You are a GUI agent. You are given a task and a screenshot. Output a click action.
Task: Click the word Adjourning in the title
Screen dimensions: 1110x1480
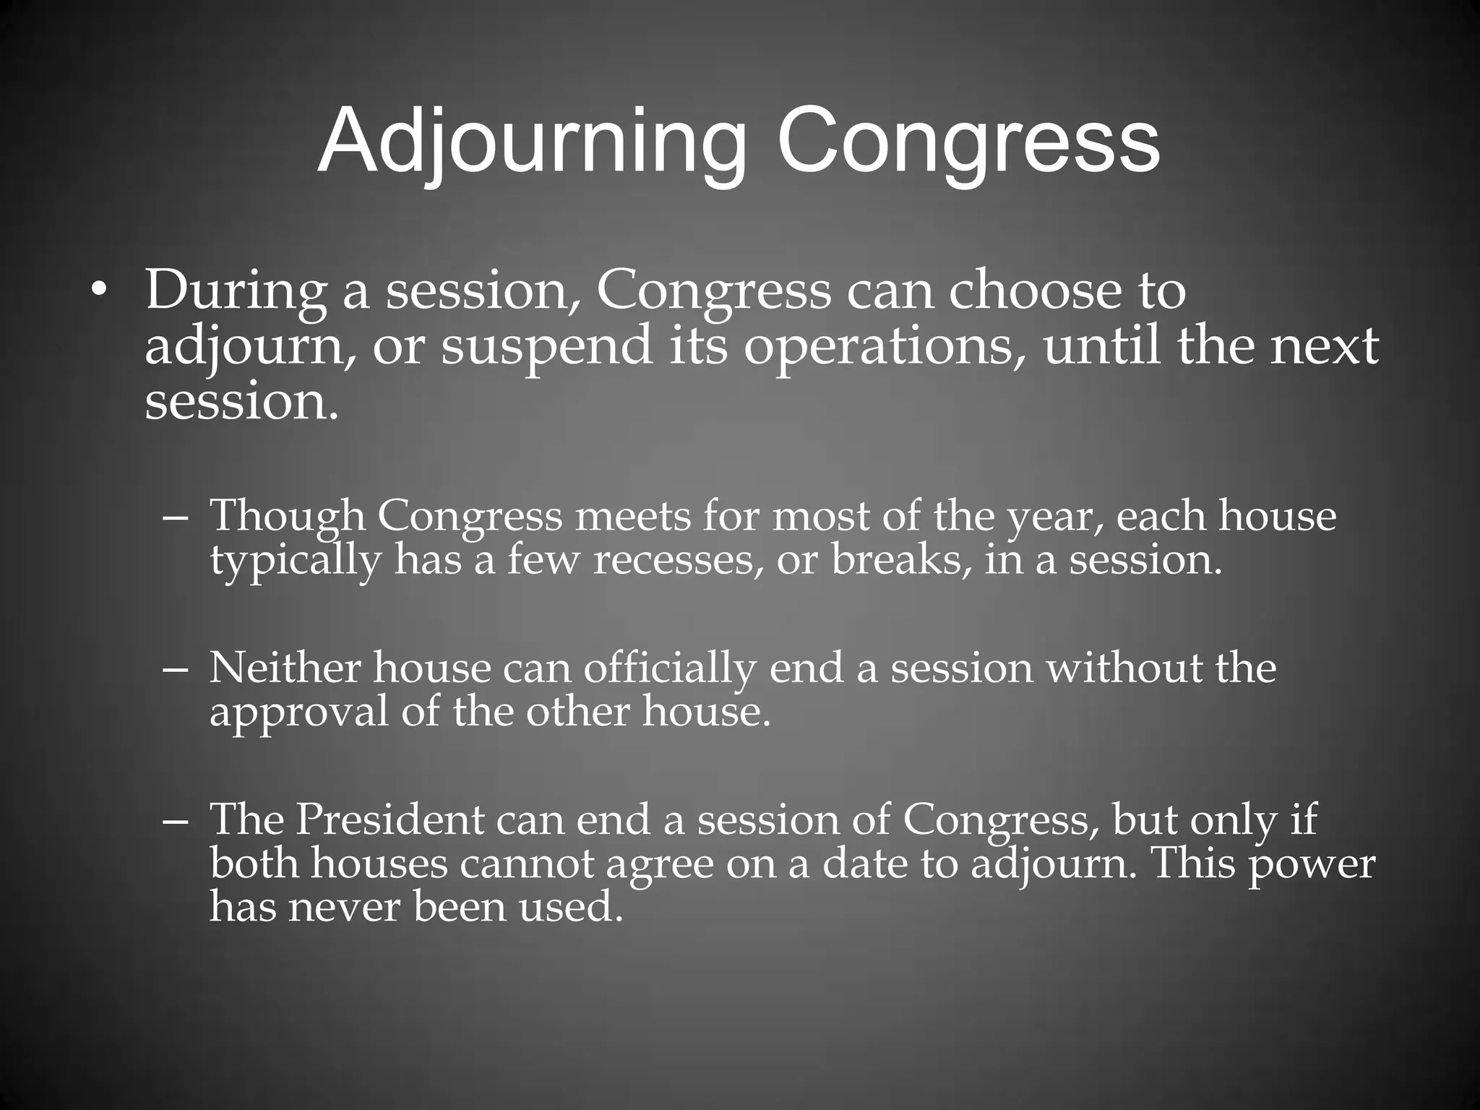(532, 141)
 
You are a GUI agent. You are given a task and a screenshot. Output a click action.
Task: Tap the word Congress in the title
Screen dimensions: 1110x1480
(968, 141)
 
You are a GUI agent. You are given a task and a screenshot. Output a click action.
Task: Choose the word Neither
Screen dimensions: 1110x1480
(285, 668)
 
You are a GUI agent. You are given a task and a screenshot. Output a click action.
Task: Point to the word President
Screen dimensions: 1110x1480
(390, 819)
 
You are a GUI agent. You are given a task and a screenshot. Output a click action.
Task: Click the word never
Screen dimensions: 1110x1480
(344, 906)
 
